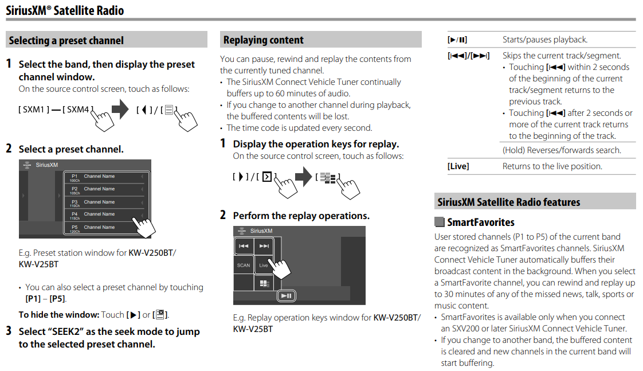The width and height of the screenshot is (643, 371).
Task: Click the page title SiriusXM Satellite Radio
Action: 65,10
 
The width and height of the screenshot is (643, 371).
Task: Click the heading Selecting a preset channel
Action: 66,40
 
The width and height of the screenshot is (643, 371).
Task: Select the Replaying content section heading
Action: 264,40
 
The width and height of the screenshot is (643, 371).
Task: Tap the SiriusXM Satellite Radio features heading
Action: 508,202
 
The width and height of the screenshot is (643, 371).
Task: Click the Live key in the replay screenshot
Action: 264,265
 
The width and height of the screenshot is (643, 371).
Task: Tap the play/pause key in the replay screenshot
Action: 286,295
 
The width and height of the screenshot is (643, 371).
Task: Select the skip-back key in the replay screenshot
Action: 244,246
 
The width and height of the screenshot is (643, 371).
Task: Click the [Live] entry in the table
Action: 458,166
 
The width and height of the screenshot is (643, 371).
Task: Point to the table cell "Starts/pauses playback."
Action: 544,40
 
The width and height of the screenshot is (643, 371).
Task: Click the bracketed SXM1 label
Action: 33,109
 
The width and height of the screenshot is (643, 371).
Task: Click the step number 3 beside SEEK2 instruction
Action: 9,331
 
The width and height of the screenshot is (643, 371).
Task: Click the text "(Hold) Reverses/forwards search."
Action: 562,150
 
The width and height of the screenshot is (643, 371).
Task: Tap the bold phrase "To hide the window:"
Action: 58,314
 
